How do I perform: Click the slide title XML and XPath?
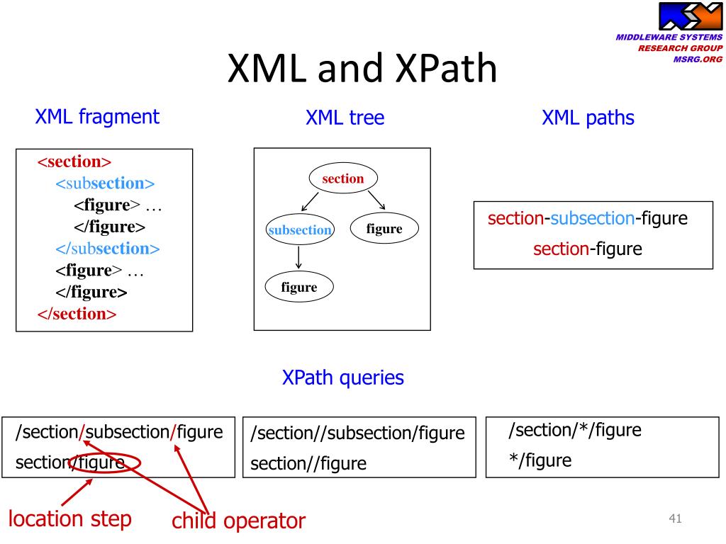click(362, 68)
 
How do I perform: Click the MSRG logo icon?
click(690, 16)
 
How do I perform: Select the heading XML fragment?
click(97, 117)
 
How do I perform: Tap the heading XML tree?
click(345, 118)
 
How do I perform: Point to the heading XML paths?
click(588, 118)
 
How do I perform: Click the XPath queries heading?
click(343, 378)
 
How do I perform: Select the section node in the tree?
click(343, 178)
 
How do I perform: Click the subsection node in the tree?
click(300, 229)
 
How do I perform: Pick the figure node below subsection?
click(299, 287)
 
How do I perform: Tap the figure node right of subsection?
click(384, 228)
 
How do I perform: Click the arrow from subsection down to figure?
click(298, 258)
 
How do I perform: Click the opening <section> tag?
click(74, 161)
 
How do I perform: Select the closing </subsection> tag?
click(108, 249)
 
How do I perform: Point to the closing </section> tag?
click(77, 314)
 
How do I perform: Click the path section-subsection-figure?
click(588, 218)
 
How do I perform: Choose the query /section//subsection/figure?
click(357, 433)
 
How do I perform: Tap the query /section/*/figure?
click(574, 430)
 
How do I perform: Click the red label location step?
click(70, 519)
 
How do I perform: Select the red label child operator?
click(238, 521)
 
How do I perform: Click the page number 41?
click(675, 518)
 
